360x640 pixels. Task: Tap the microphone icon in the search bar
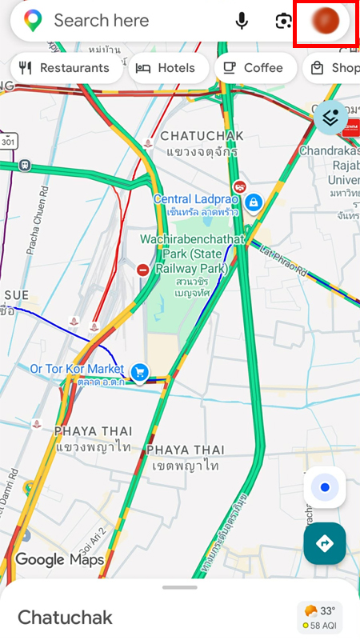click(x=242, y=21)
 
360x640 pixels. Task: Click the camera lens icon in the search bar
click(x=283, y=21)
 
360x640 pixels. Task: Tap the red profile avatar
click(x=326, y=20)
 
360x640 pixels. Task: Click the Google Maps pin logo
click(x=33, y=21)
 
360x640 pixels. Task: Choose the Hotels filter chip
click(x=166, y=68)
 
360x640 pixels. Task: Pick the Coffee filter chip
click(x=254, y=68)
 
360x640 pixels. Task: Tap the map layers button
click(x=330, y=118)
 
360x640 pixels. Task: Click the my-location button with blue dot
click(x=325, y=487)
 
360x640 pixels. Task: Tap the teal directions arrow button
click(x=325, y=544)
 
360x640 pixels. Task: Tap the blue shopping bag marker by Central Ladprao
click(x=254, y=202)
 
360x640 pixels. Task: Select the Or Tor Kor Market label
click(x=77, y=369)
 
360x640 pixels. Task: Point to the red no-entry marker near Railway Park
click(x=143, y=270)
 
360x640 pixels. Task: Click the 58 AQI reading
click(x=322, y=625)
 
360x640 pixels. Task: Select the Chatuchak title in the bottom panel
click(x=65, y=618)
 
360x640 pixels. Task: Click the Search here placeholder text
click(x=102, y=21)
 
